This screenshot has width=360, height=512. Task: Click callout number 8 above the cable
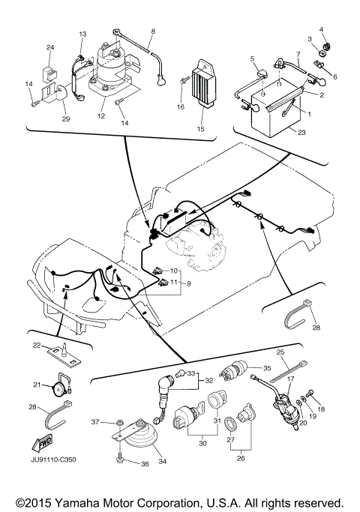coord(153,31)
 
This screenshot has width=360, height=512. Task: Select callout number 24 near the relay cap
coord(51,48)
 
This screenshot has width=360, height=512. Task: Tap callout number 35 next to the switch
coord(265,368)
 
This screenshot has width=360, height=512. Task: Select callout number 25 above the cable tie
coord(280,352)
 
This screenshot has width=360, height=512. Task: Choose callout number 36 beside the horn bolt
coord(145,464)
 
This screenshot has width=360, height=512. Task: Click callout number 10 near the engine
coord(173,270)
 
